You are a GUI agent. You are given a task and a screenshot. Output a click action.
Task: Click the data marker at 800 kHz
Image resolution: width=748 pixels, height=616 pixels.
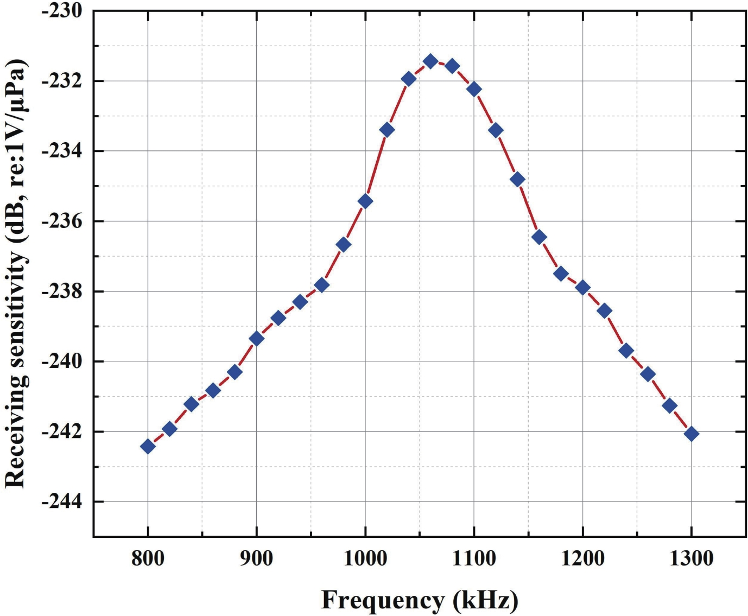[x=148, y=447]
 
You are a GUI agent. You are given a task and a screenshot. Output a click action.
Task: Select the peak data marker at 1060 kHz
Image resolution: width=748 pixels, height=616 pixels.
[x=430, y=61]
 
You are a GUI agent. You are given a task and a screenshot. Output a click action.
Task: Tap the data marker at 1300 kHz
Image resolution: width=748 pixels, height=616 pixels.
[x=691, y=434]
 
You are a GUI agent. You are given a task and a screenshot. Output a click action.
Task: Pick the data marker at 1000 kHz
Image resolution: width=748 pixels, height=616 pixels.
[x=365, y=201]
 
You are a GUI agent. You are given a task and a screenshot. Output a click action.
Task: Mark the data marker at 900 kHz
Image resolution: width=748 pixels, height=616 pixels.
[x=256, y=339]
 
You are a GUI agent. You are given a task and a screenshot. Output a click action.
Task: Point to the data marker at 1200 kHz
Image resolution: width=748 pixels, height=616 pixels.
[x=582, y=288]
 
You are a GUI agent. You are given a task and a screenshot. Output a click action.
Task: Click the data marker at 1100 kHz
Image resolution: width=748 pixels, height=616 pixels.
[x=474, y=90]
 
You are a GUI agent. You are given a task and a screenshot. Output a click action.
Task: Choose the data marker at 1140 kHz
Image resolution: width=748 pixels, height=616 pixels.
[x=517, y=179]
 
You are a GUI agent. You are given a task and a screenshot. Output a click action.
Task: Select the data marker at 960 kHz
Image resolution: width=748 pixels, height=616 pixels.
[x=322, y=285]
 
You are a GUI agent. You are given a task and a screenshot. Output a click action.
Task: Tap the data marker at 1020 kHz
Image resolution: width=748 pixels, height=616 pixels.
[x=387, y=130]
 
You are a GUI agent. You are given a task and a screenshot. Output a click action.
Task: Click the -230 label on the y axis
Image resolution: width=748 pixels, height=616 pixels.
[x=61, y=11]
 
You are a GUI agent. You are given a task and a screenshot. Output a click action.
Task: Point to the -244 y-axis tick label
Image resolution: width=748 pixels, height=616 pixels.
[x=61, y=501]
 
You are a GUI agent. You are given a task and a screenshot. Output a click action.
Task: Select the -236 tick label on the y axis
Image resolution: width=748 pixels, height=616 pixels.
[x=61, y=221]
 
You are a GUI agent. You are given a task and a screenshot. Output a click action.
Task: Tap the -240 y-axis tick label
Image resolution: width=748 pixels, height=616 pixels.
[x=61, y=361]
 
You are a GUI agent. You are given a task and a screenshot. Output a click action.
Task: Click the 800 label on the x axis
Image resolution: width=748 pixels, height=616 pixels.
[x=148, y=558]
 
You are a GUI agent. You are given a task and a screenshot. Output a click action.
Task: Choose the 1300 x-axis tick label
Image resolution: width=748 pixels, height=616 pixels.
[x=691, y=558]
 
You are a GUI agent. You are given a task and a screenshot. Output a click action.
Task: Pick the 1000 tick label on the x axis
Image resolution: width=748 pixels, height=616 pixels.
[x=365, y=558]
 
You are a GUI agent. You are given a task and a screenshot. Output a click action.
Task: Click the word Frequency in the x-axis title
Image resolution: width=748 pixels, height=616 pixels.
[x=382, y=600]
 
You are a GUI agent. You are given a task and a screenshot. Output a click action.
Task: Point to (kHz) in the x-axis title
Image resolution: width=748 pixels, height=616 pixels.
[x=482, y=600]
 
